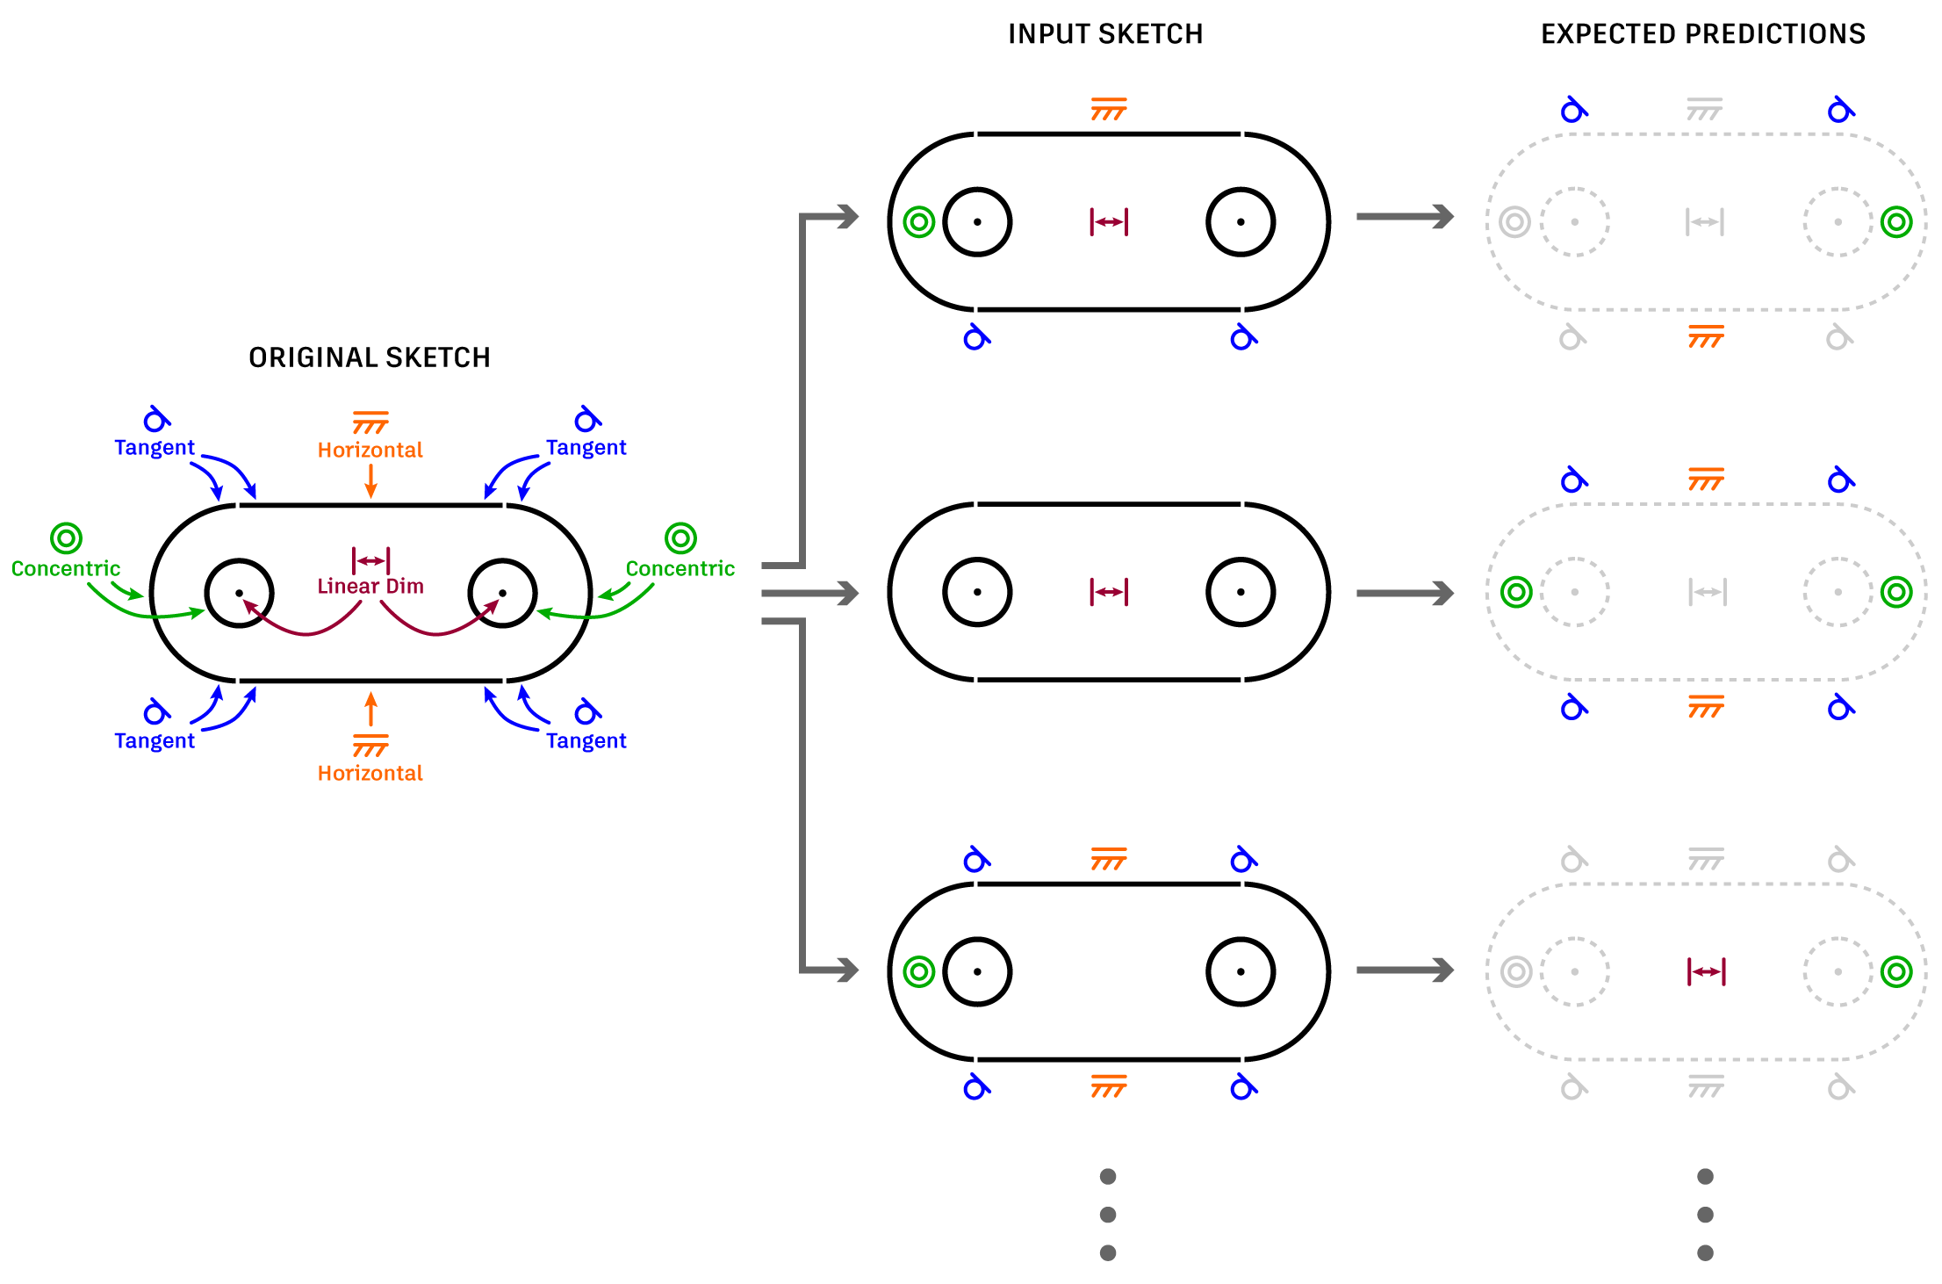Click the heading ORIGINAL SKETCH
click(370, 357)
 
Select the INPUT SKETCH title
click(1105, 34)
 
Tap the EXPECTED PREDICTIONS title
click(1703, 34)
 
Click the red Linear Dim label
click(370, 586)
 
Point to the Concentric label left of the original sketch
click(66, 568)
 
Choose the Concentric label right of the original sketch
click(680, 568)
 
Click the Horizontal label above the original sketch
click(370, 450)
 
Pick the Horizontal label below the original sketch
click(370, 773)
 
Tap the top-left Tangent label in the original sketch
click(155, 447)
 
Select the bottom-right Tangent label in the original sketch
click(586, 740)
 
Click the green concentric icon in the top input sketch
click(919, 222)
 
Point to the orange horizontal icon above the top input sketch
click(1109, 110)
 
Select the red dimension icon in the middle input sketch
click(1109, 592)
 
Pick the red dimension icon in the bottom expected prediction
click(1706, 971)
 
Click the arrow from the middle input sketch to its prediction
click(1405, 594)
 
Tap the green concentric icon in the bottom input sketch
click(919, 971)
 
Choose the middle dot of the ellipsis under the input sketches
click(1108, 1215)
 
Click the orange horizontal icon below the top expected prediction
click(1706, 336)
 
